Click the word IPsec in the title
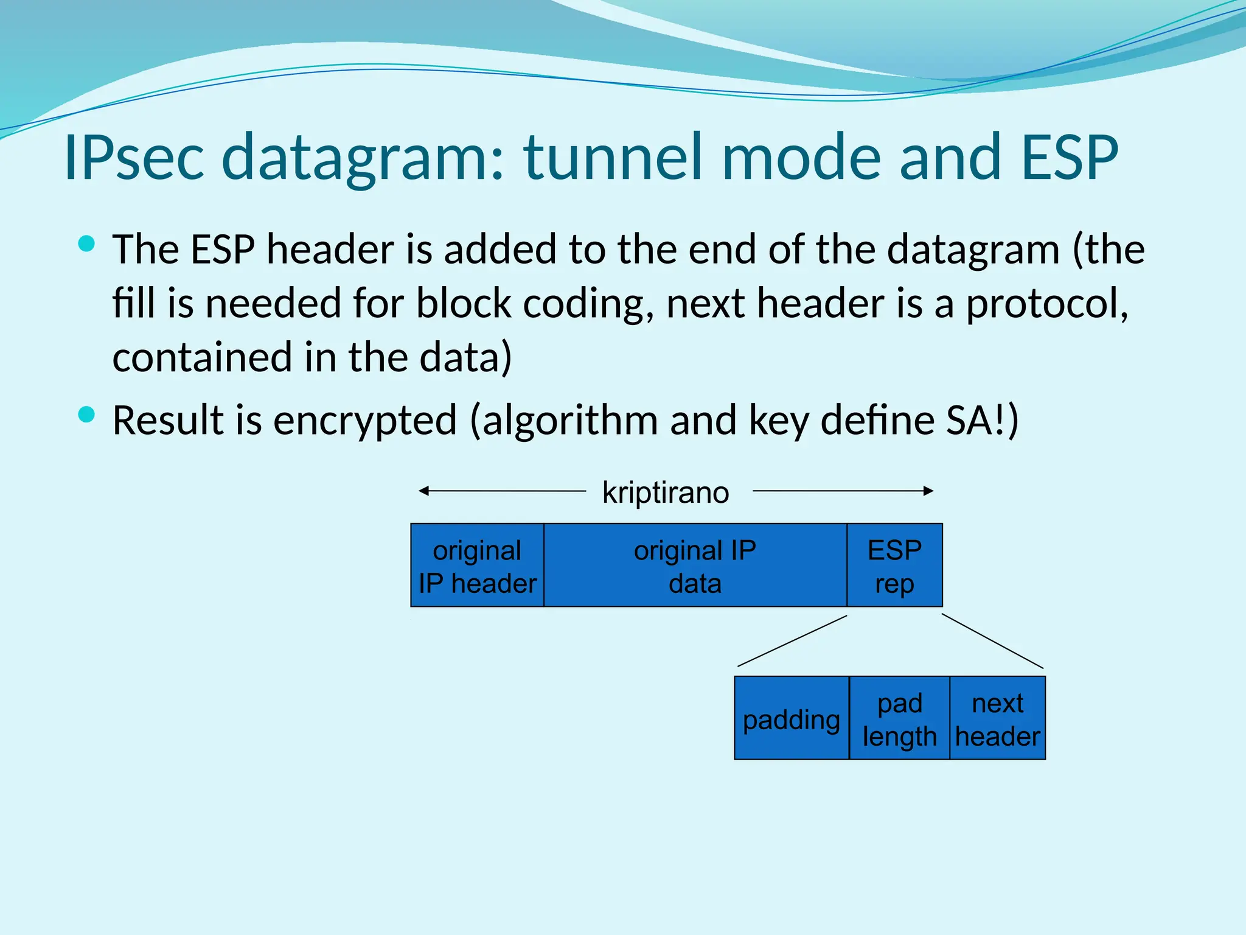[134, 158]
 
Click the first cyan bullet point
[87, 244]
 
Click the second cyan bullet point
[87, 415]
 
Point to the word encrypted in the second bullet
[364, 421]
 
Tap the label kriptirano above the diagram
[666, 492]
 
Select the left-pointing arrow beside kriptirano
[499, 491]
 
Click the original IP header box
[477, 566]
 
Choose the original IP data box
[695, 566]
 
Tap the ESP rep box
[894, 566]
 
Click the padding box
[791, 718]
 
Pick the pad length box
[899, 718]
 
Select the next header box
[997, 718]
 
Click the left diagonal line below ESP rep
[792, 641]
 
